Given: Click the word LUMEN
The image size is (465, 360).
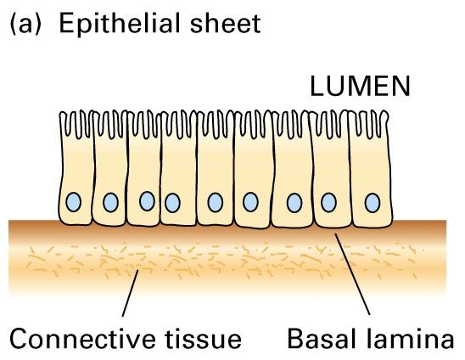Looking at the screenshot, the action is (x=360, y=86).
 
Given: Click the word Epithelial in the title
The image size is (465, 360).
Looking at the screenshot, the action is (x=121, y=23).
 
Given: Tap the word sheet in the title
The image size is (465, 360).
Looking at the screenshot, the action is (x=225, y=23).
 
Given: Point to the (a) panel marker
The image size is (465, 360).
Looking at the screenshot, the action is (x=25, y=24).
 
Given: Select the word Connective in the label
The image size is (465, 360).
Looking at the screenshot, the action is (x=82, y=338).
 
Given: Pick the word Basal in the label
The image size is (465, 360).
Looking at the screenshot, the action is (x=321, y=338).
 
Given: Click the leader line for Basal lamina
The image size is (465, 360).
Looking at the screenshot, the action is (x=352, y=274).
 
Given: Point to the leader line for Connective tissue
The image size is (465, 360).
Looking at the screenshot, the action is (x=131, y=293).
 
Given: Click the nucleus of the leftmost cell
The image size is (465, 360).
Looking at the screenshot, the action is (x=73, y=202).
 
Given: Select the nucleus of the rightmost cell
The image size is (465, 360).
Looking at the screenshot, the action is (x=373, y=203).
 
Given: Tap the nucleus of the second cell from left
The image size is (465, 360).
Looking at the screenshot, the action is (x=111, y=202).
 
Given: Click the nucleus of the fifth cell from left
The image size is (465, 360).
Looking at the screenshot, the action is (x=216, y=202).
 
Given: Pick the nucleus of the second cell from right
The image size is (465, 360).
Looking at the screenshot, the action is (x=328, y=202).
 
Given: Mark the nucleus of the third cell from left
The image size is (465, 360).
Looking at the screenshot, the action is (x=147, y=201).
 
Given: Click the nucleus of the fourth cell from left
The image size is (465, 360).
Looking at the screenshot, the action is (x=172, y=203).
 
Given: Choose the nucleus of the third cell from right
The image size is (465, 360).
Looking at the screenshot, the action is (x=294, y=203).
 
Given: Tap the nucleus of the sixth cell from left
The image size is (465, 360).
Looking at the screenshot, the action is (x=250, y=202).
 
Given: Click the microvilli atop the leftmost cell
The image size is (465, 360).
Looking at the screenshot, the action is (x=76, y=125).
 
